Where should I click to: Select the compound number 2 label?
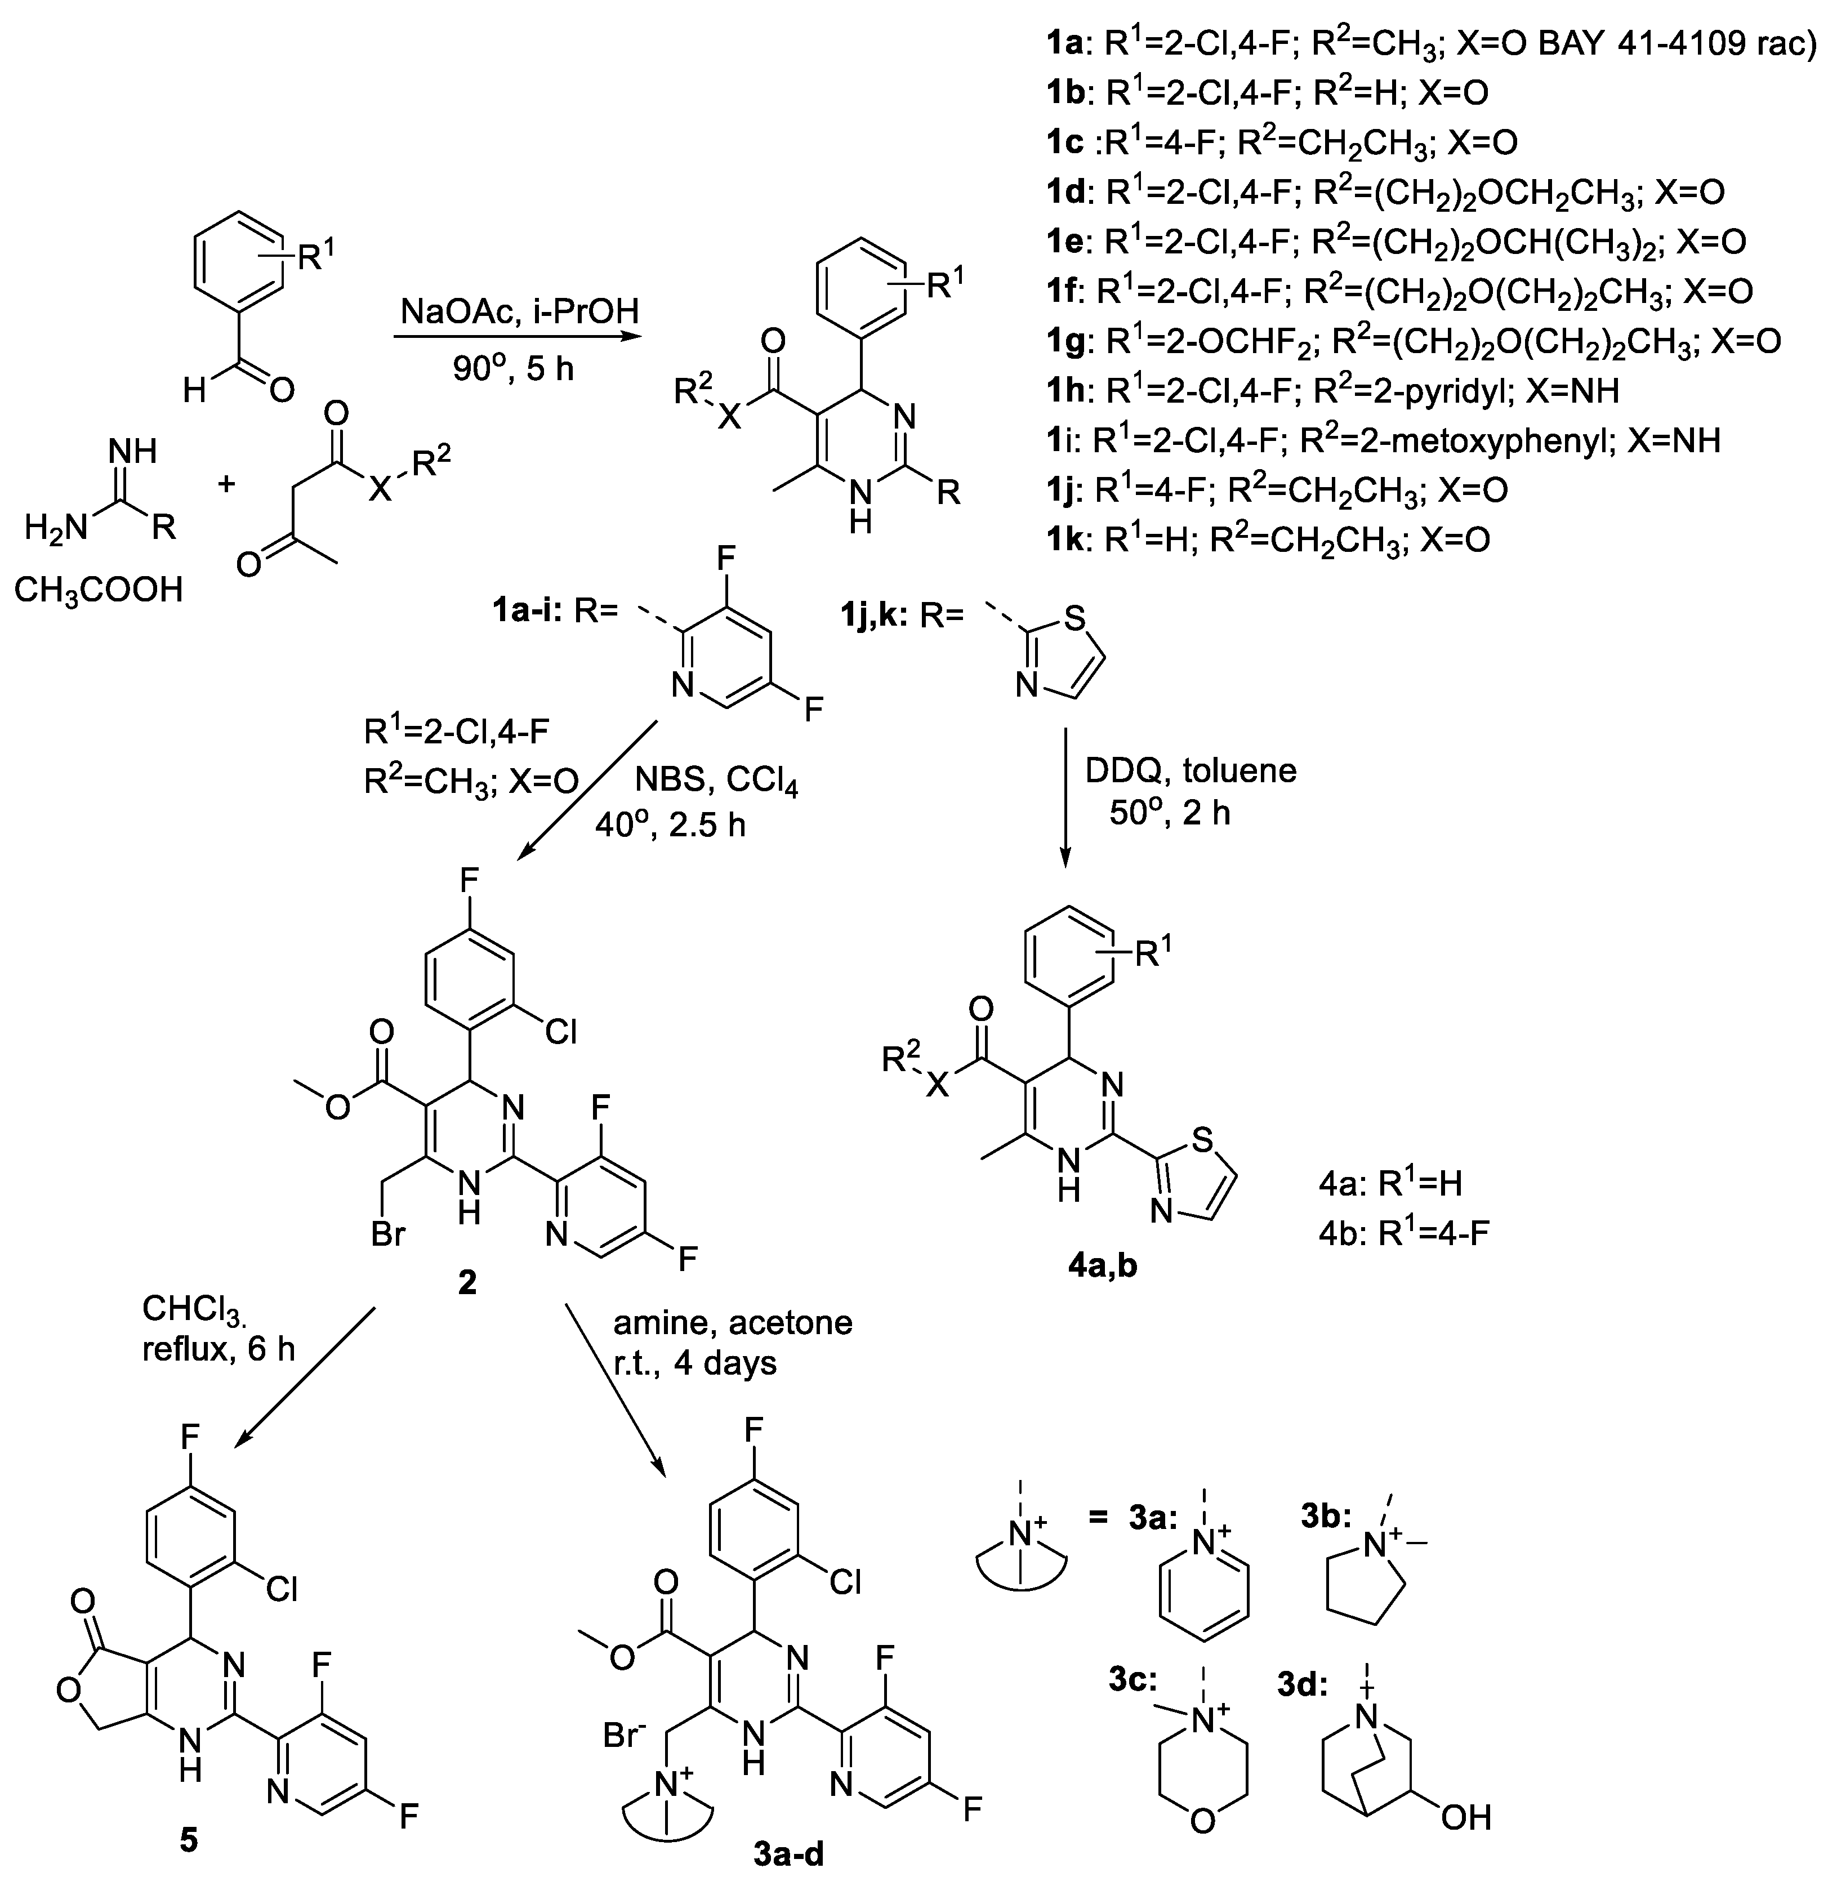pyautogui.click(x=467, y=1283)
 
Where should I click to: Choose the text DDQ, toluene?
pyautogui.click(x=1191, y=770)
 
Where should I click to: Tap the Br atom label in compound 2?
pyautogui.click(x=388, y=1234)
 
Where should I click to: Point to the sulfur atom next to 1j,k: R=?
pyautogui.click(x=1075, y=617)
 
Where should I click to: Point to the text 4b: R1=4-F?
pyautogui.click(x=1403, y=1233)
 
